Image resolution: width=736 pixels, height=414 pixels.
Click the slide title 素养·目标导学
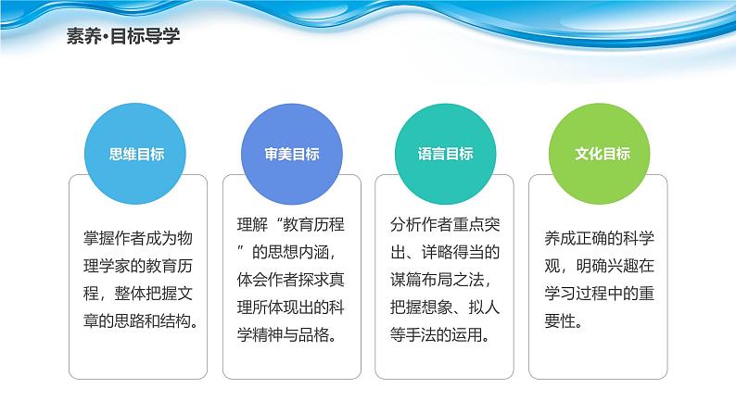point(123,36)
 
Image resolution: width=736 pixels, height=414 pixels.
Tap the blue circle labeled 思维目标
point(135,154)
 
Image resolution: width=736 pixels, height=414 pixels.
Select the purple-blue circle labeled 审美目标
point(291,154)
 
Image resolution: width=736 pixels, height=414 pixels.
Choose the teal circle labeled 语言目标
point(446,154)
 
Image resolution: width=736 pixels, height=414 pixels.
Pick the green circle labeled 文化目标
point(600,154)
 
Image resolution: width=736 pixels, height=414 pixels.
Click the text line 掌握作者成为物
point(138,238)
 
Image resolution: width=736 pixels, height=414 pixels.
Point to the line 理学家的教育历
point(138,266)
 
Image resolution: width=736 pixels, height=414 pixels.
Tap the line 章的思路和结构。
point(141,321)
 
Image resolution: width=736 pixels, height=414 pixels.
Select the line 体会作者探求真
point(291,280)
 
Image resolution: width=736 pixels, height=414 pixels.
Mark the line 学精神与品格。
point(286,334)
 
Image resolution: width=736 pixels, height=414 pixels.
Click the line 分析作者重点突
point(445,224)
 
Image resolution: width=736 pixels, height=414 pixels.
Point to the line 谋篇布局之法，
point(441,280)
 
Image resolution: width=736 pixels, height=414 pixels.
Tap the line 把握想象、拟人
point(445,307)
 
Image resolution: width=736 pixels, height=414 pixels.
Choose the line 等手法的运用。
point(440,334)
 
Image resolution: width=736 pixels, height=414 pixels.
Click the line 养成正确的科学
point(600,238)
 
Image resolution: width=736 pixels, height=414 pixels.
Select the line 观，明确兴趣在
point(600,266)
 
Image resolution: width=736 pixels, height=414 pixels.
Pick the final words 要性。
point(564,321)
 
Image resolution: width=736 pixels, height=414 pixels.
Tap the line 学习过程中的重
point(600,294)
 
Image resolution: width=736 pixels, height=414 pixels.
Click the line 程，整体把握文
point(138,294)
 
